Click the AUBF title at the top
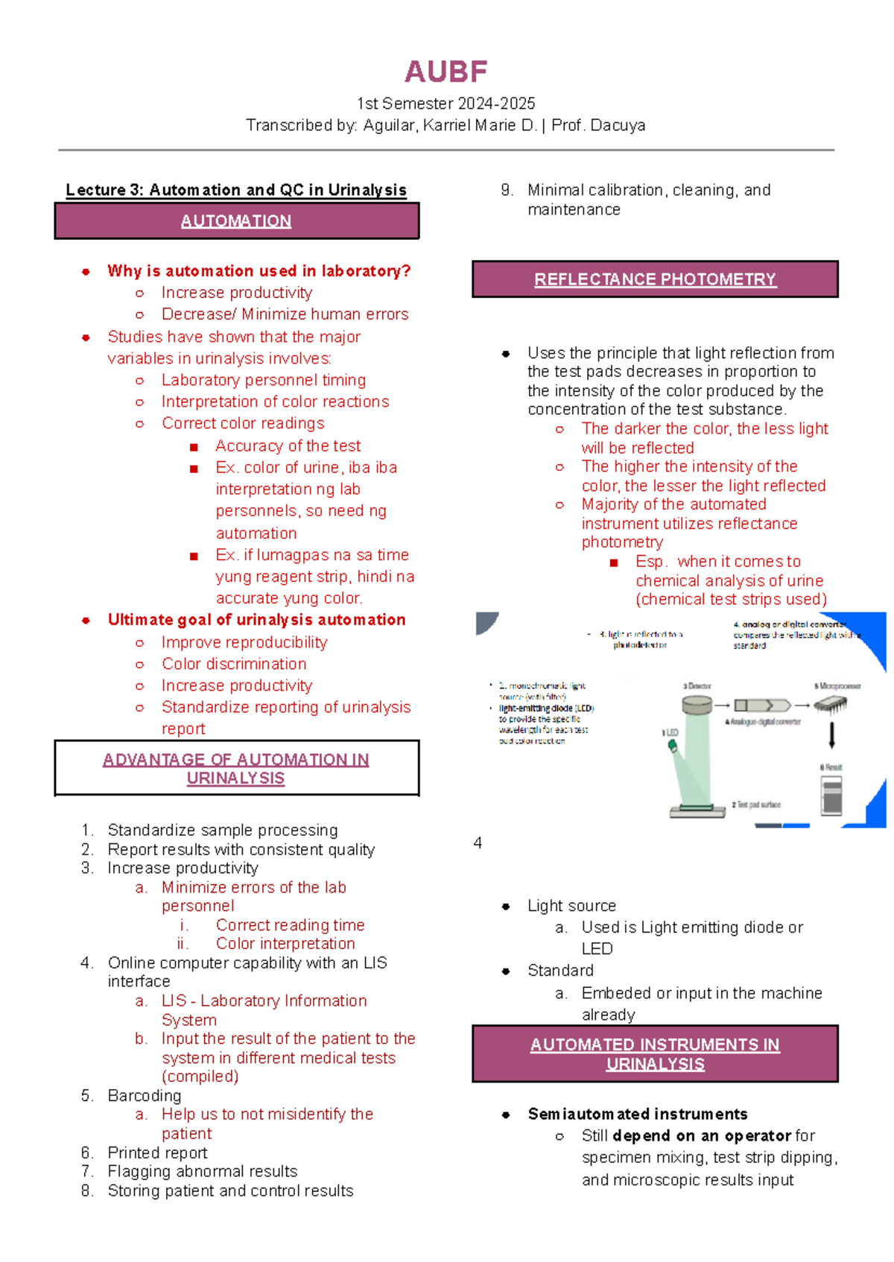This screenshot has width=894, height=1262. (x=446, y=72)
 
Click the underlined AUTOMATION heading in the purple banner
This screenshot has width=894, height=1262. (x=235, y=221)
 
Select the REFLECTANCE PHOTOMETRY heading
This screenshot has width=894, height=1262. (x=655, y=279)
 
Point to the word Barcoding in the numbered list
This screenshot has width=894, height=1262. (x=145, y=1095)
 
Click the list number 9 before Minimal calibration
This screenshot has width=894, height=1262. (x=507, y=190)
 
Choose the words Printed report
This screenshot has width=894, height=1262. (x=157, y=1152)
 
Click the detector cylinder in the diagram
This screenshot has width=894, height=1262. (x=697, y=704)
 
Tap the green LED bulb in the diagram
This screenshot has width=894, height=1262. (x=673, y=744)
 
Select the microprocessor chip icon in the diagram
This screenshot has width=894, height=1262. (x=831, y=704)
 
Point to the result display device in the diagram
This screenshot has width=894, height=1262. (x=831, y=795)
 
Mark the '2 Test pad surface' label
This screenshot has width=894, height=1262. (x=756, y=805)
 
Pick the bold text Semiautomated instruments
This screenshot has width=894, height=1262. (x=638, y=1114)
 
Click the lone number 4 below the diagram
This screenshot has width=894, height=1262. (x=478, y=843)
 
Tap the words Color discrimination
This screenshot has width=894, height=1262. (x=234, y=664)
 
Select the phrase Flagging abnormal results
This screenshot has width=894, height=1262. (x=202, y=1171)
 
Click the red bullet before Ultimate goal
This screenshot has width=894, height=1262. (x=86, y=620)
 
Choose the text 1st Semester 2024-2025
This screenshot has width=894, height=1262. (x=446, y=104)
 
